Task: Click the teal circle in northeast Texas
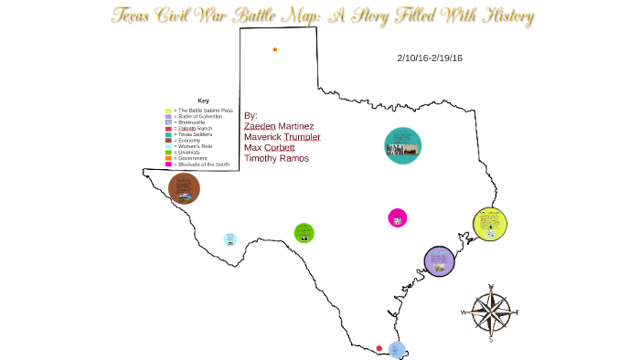[402, 146]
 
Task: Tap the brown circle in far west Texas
[184, 188]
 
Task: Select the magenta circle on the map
[397, 217]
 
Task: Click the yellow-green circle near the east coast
[490, 225]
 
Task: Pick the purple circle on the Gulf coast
[440, 261]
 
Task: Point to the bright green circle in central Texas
[304, 232]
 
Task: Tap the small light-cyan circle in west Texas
[230, 239]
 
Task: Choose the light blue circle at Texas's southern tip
[397, 348]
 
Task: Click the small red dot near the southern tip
[379, 347]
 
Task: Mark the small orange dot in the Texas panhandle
[274, 49]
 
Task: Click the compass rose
[491, 312]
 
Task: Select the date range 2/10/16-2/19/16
[430, 58]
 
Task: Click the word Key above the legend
[203, 101]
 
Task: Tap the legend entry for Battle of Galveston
[196, 117]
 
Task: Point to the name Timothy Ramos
[276, 158]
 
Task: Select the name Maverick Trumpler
[282, 137]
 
